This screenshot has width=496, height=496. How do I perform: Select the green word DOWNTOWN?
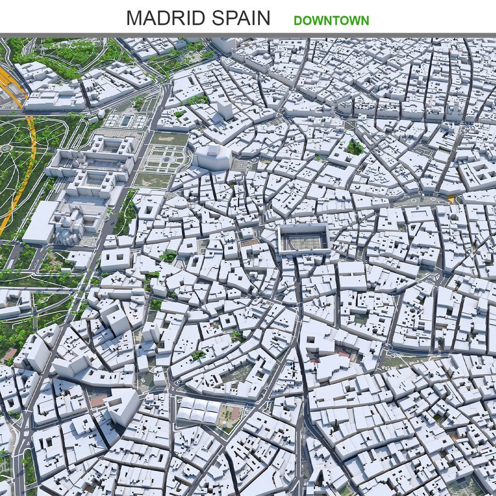[x=331, y=21]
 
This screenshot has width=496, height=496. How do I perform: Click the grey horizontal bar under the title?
[x=248, y=35]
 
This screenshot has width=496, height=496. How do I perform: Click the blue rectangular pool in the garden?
[x=125, y=120]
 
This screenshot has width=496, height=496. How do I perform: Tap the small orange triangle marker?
[x=451, y=199]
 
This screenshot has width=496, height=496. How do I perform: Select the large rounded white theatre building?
[x=212, y=157]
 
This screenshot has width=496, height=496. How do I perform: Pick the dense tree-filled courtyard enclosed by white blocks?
[x=354, y=147]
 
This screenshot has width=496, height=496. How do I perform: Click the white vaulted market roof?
[x=199, y=410]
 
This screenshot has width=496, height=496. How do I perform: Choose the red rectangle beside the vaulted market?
[x=236, y=413]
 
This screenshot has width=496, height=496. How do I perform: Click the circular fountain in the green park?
[x=6, y=148]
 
